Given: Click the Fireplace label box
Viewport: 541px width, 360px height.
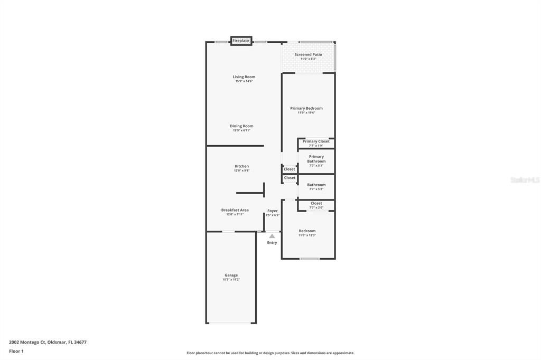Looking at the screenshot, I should point(241,41).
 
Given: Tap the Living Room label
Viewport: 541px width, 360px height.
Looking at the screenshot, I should point(244,77).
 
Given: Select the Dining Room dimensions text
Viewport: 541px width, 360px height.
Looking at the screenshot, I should point(241,130).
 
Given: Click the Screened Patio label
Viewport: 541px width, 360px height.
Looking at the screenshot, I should point(308,54).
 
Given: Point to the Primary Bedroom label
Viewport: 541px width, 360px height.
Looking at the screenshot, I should point(306,108).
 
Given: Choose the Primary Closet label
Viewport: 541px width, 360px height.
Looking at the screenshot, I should point(316,141).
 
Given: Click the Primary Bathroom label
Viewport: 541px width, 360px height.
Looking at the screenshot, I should point(316,159).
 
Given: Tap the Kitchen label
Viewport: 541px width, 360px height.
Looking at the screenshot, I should point(242,166).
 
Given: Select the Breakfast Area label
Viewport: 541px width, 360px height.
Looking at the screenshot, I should point(235,210).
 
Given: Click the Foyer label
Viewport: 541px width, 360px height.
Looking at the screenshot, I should point(273,211).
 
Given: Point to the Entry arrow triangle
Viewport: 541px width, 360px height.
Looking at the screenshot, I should point(272,236).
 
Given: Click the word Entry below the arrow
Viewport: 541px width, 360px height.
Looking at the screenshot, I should point(272,243).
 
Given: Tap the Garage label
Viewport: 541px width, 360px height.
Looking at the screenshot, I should point(231,275).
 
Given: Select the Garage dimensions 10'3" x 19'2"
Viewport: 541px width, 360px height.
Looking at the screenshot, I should point(231,280).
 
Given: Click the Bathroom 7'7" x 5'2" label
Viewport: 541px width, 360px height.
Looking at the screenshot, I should point(316,185).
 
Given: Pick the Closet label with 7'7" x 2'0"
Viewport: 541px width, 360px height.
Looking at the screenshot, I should point(316,203).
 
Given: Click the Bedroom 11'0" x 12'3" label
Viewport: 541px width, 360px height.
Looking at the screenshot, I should point(307,231).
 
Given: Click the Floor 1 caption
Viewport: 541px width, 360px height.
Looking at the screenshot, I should point(16,351).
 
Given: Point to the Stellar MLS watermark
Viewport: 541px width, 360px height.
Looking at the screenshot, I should point(525,180).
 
